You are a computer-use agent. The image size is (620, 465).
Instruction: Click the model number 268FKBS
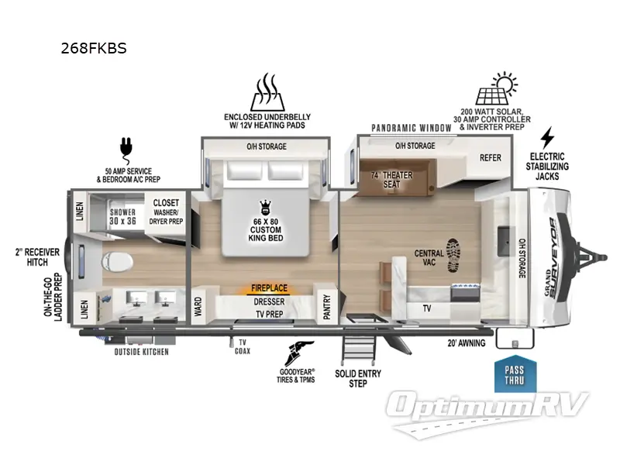[93, 48]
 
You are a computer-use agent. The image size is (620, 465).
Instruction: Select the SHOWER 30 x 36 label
[122, 216]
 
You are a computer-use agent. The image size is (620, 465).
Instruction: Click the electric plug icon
[124, 146]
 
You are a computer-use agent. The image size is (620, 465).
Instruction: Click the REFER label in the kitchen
[490, 157]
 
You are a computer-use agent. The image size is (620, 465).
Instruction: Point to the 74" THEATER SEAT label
[391, 180]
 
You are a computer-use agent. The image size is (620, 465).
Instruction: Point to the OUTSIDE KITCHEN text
[141, 351]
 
